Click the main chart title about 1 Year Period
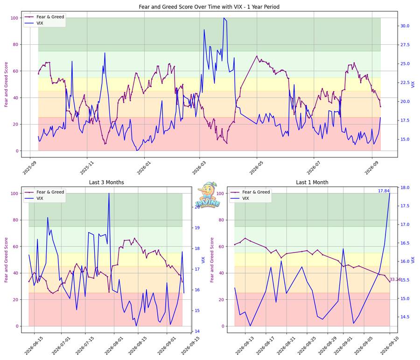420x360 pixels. (x=209, y=7)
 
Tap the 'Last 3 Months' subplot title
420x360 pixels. (x=106, y=182)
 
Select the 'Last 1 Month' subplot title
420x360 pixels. (x=312, y=182)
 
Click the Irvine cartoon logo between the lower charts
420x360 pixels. (x=208, y=195)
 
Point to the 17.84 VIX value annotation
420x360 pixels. (x=384, y=191)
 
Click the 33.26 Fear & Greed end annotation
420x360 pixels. (x=395, y=279)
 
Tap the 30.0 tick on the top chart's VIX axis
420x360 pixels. (x=405, y=26)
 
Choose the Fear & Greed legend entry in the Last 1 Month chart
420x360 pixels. (x=256, y=192)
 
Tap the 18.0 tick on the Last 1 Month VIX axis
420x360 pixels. (x=405, y=187)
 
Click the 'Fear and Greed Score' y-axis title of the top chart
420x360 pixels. (x=6, y=85)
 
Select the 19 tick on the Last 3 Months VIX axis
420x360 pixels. (x=197, y=227)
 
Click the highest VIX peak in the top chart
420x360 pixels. (x=224, y=18)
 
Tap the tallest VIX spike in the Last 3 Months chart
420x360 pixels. (x=109, y=193)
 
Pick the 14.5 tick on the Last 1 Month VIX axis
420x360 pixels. (x=405, y=317)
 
